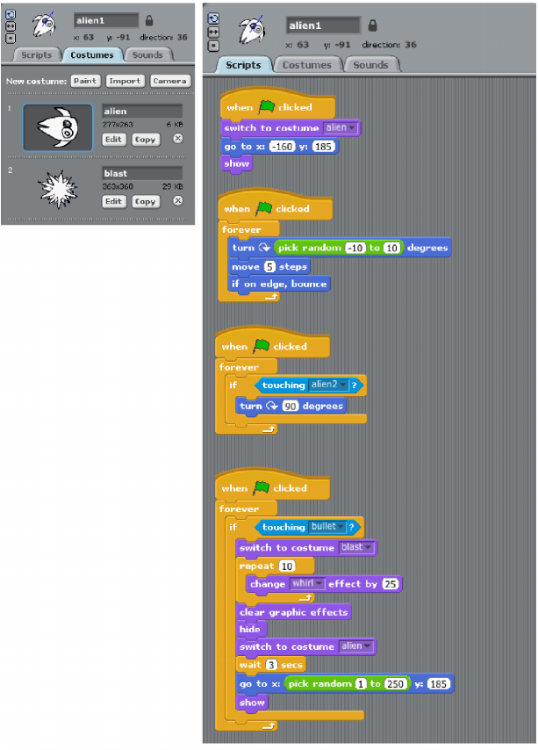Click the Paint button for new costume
[x=85, y=81]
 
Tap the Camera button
[x=169, y=81]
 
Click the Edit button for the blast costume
[x=114, y=201]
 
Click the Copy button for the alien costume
[x=145, y=139]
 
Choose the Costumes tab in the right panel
[x=307, y=65]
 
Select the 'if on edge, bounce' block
[x=278, y=284]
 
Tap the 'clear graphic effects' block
[x=294, y=611]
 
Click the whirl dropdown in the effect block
[x=308, y=583]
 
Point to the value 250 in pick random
[x=397, y=683]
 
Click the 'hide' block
[x=249, y=629]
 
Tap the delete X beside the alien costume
[x=177, y=139]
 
